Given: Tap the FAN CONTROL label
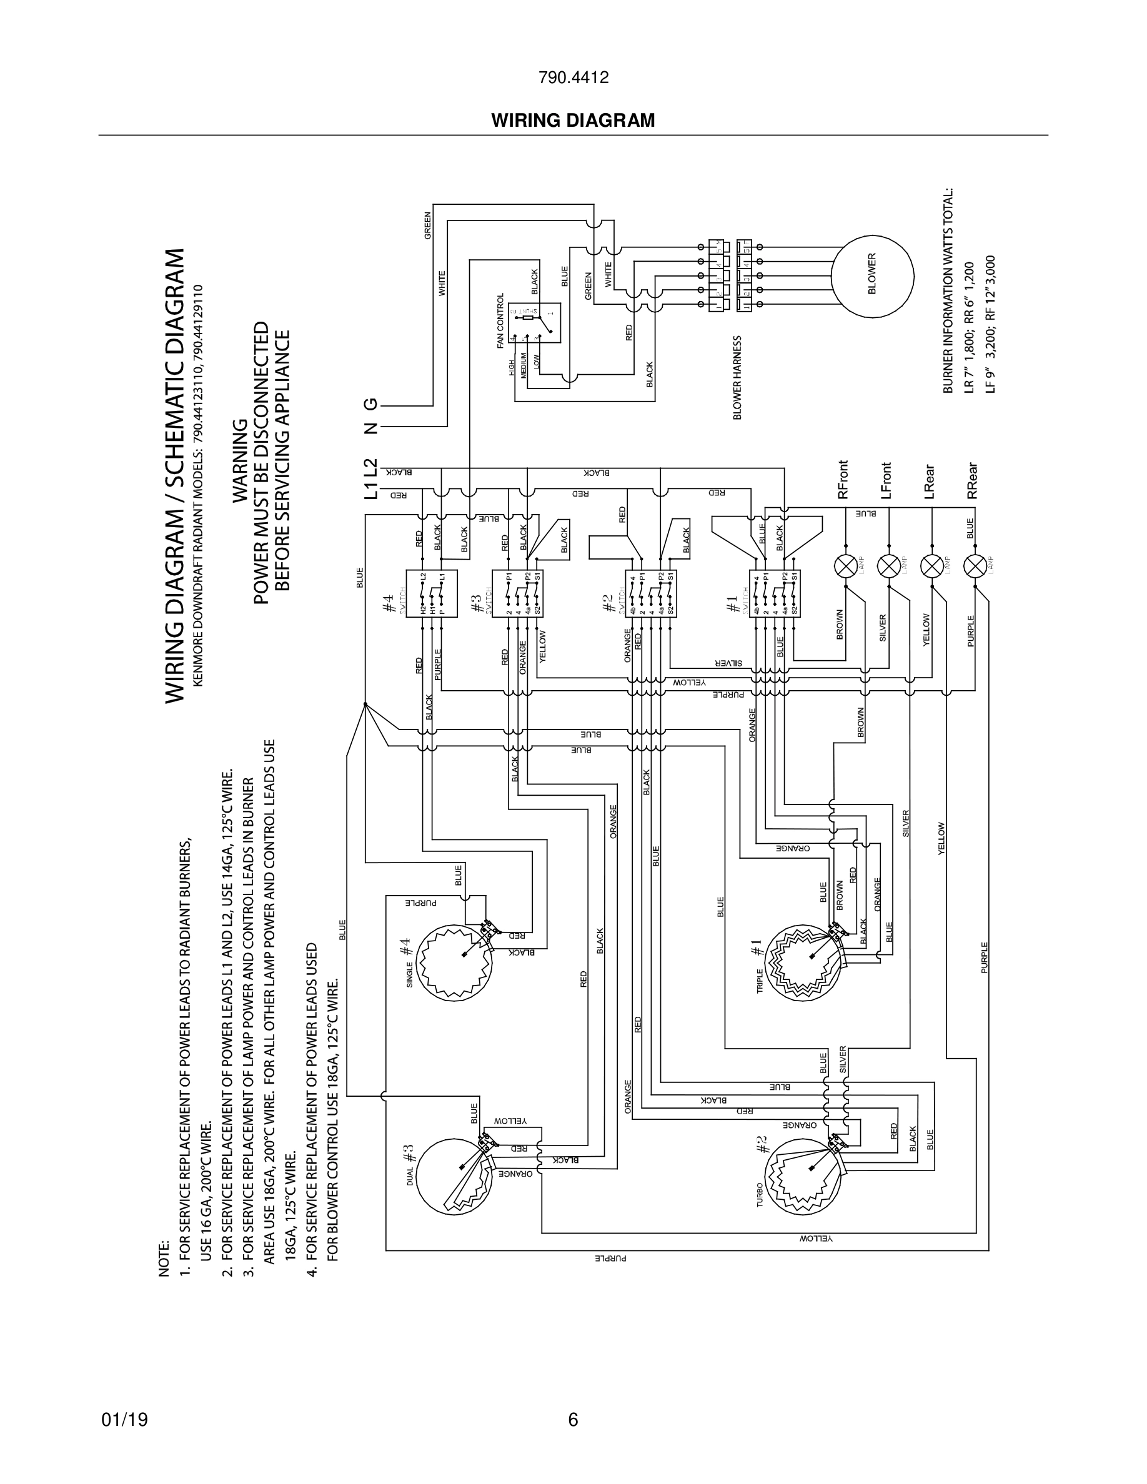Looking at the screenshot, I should tap(501, 320).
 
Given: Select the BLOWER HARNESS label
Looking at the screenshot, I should tap(737, 377).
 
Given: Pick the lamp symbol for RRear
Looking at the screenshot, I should tap(976, 565).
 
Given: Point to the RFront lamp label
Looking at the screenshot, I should tap(843, 480).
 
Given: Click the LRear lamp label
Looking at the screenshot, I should tap(930, 481).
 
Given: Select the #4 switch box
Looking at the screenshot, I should tap(432, 593).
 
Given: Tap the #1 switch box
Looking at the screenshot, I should tap(775, 593).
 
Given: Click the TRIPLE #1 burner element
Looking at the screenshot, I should tap(803, 963).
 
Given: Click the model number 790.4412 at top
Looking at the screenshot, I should tap(573, 77).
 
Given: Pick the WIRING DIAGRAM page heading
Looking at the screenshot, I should tap(573, 121).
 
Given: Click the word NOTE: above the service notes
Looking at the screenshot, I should tap(164, 1259).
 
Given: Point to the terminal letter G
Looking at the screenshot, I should tap(370, 404).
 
